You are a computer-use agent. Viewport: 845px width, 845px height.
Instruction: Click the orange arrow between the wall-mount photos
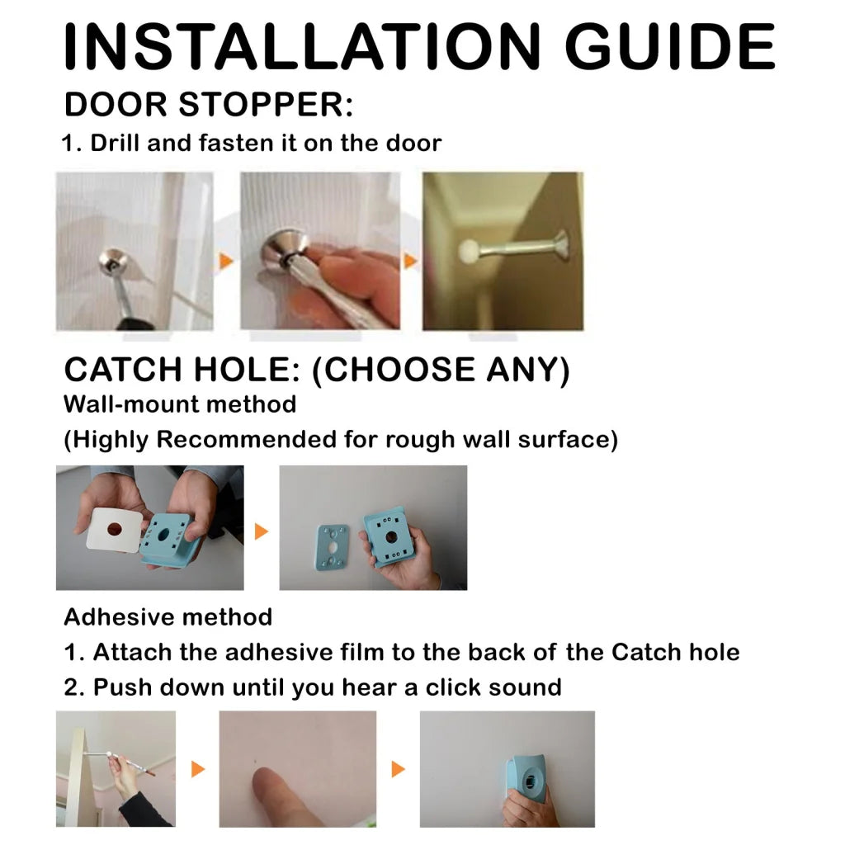point(261,531)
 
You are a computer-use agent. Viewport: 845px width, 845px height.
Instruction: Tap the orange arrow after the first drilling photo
point(225,262)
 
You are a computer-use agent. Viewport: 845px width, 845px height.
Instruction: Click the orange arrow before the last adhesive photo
point(398,769)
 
